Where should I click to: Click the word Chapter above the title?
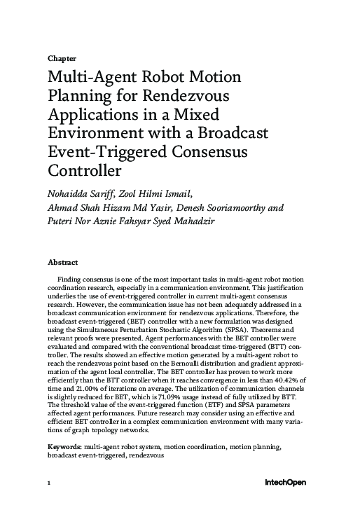click(62, 58)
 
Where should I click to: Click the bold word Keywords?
click(64, 467)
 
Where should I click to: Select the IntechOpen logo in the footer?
click(284, 483)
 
